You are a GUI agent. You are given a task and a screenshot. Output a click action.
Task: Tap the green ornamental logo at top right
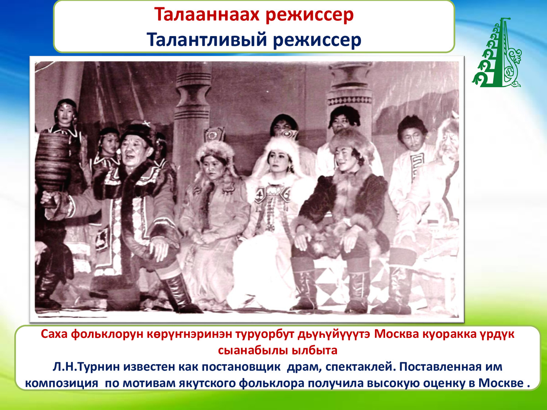click(x=496, y=52)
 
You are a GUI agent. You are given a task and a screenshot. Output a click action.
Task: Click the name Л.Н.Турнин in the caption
click(x=86, y=367)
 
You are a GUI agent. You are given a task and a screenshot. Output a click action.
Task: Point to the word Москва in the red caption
click(x=396, y=334)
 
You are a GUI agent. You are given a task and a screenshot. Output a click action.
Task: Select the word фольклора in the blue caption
click(x=272, y=383)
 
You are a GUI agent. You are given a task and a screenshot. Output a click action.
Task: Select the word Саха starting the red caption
click(x=54, y=334)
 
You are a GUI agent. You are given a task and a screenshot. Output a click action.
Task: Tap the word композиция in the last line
click(x=62, y=383)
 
